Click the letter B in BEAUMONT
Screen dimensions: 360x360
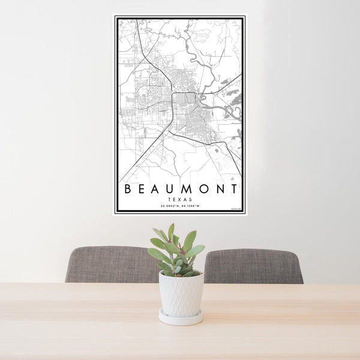(128, 190)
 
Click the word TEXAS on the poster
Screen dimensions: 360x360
(180, 199)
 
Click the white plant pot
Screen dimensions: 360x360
(181, 293)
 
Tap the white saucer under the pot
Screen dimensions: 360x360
(181, 317)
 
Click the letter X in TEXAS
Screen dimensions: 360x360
(180, 199)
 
